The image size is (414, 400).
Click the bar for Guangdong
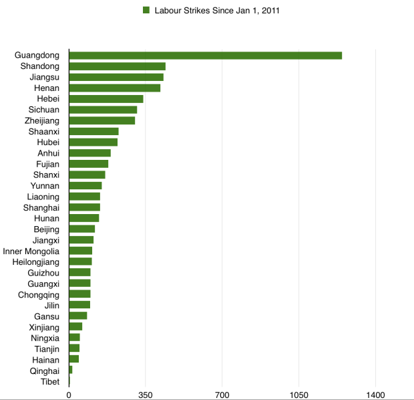click(x=205, y=56)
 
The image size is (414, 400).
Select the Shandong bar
click(x=117, y=66)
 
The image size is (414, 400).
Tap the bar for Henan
click(x=114, y=88)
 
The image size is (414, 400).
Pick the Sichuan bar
click(x=103, y=110)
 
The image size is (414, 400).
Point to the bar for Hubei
click(x=93, y=142)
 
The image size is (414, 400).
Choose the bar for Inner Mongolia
click(x=80, y=251)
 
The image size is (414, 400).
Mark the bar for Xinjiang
click(x=75, y=327)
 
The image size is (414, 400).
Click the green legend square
click(x=145, y=10)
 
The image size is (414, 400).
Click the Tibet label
click(x=49, y=382)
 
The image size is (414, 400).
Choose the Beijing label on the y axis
click(x=46, y=229)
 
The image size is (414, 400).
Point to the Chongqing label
click(x=39, y=294)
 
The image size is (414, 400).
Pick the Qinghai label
click(x=44, y=371)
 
